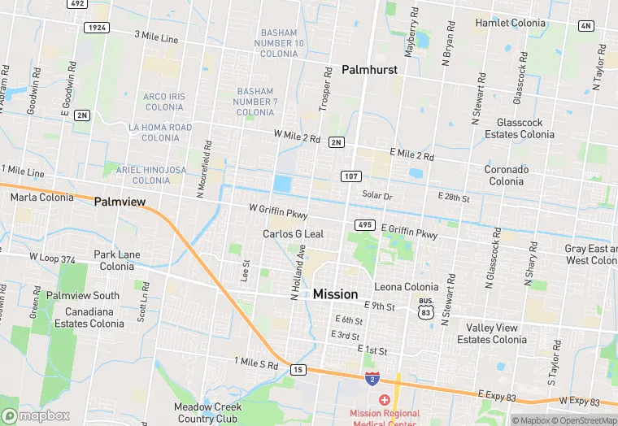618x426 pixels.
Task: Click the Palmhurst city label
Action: click(x=369, y=70)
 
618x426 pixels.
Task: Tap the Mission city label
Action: click(x=335, y=294)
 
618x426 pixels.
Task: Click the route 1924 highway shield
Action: click(x=96, y=28)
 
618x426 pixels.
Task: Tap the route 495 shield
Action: click(x=363, y=224)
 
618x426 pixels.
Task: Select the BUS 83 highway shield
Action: click(x=426, y=306)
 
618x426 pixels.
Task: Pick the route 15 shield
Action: click(x=298, y=369)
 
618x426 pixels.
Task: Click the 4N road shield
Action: click(x=585, y=26)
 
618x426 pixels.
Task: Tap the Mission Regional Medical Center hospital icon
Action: click(x=384, y=401)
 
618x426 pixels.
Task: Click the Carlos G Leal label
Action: click(x=293, y=234)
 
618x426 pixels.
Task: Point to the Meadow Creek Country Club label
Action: click(x=207, y=413)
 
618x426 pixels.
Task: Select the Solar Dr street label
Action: click(x=377, y=196)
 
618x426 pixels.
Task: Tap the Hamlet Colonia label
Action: click(x=510, y=23)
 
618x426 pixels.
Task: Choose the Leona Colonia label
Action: click(x=407, y=287)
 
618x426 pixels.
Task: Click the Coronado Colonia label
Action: click(x=507, y=176)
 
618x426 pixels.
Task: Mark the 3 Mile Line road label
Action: click(x=156, y=37)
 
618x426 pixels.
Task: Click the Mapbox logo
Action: click(x=35, y=415)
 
